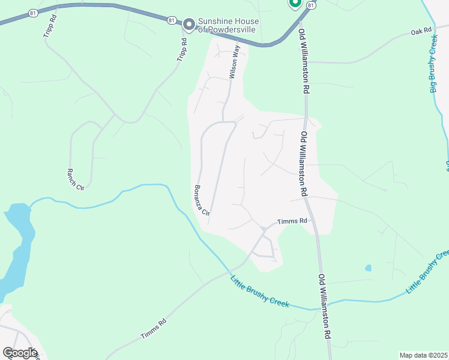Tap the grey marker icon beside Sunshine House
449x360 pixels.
[189, 24]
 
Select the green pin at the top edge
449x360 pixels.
[295, 3]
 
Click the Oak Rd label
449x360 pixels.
[421, 31]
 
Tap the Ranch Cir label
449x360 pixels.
[76, 178]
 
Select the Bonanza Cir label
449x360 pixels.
[201, 200]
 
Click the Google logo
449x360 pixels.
[20, 352]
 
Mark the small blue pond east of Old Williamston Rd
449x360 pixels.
[368, 268]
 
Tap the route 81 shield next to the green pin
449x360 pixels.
[310, 5]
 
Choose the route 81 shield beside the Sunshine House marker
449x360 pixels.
[172, 20]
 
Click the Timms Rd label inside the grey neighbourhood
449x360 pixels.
[292, 221]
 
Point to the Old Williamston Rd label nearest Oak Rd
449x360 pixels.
[306, 62]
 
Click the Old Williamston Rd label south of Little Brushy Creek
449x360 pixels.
[325, 305]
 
